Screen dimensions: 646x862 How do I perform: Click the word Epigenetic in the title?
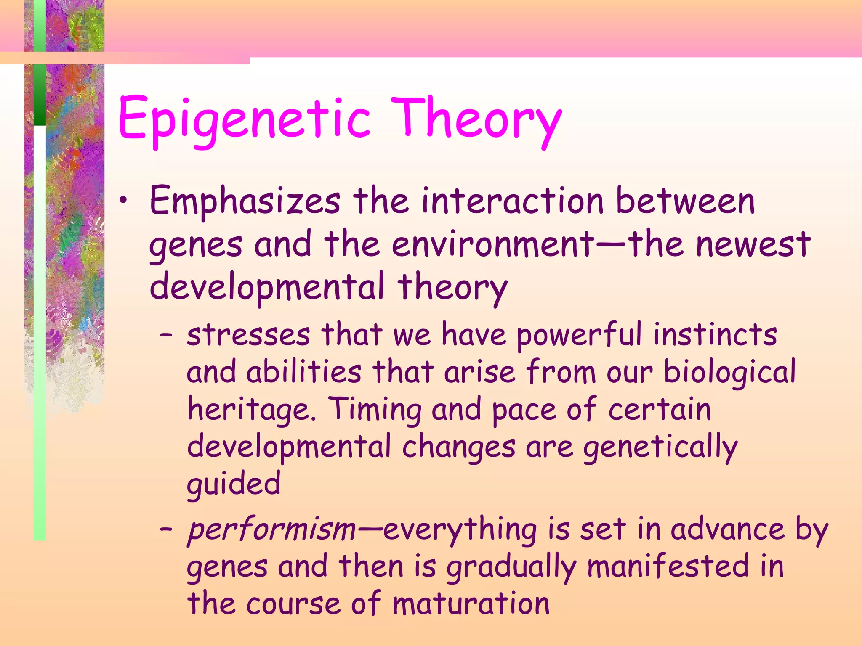244,120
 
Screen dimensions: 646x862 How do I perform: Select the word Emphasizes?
245,202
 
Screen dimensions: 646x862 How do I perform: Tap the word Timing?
375,410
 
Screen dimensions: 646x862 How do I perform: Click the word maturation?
471,604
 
